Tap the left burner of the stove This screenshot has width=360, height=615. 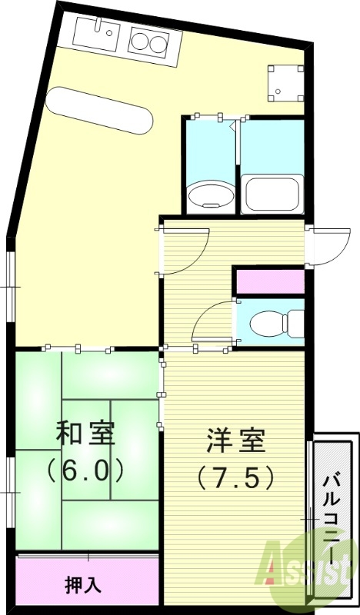click(141, 38)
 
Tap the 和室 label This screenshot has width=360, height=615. click(85, 434)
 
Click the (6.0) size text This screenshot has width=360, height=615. click(85, 469)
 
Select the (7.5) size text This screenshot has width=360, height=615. click(235, 478)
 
